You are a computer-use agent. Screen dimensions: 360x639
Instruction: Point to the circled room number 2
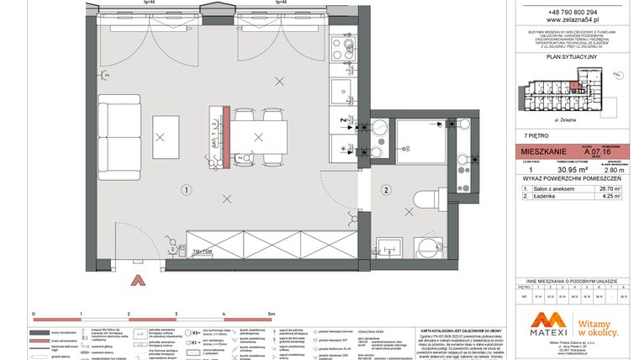point(386,189)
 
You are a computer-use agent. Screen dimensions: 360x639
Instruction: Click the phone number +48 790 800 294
point(569,13)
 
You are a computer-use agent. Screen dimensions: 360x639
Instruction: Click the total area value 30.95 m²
point(557,169)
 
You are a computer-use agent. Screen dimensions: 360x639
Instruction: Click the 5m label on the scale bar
point(271,312)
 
